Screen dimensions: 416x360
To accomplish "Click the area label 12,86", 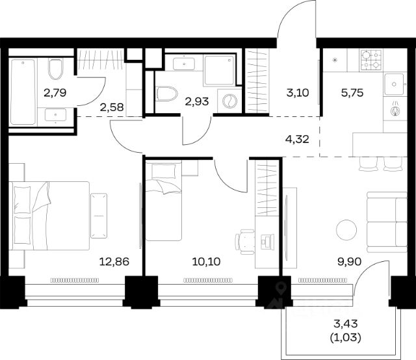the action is point(114,262).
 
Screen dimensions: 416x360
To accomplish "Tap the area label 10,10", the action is point(207,262).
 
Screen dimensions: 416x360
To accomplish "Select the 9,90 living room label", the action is point(349,262).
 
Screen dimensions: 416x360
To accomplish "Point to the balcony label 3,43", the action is point(346,324).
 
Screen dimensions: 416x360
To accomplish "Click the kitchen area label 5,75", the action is point(352,93).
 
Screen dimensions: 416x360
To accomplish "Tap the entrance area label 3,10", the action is point(298,93).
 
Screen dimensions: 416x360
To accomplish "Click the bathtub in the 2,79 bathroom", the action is point(23,92).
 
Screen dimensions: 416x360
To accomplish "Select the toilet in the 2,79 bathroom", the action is point(56,69).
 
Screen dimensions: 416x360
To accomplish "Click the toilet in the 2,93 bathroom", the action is point(167,94).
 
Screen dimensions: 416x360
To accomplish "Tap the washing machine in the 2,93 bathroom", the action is point(229,101).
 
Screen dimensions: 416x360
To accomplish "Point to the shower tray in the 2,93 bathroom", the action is point(220,70).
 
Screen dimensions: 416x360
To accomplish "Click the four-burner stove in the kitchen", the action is point(371,60).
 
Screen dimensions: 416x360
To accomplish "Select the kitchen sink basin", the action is point(395,84).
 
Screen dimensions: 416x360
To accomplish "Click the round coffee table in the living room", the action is point(346,230).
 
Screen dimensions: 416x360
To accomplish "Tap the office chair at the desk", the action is point(244,242).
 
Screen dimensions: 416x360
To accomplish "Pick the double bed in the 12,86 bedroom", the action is point(49,216).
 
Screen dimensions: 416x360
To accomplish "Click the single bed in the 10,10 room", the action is point(164,200).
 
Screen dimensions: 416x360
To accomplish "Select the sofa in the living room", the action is point(387,222).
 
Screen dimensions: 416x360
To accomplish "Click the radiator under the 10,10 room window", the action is point(208,280).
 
